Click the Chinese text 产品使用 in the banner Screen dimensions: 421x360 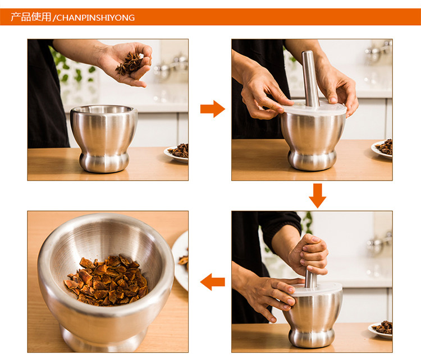(x=31, y=17)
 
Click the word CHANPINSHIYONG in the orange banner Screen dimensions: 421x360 (x=95, y=18)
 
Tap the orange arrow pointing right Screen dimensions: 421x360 (x=213, y=109)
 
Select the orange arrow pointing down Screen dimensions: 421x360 (x=317, y=196)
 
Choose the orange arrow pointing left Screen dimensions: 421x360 (x=212, y=281)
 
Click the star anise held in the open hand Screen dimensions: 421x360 (x=130, y=63)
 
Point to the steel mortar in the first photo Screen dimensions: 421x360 (x=104, y=138)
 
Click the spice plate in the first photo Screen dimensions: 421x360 (x=177, y=154)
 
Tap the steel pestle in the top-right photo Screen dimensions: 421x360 (x=310, y=79)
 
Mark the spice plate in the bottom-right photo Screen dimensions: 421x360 (x=381, y=329)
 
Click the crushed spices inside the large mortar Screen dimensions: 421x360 (x=107, y=280)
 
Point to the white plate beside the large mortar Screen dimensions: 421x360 (x=180, y=261)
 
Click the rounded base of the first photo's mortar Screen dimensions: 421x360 (x=104, y=163)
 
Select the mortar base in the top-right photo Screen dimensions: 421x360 (x=312, y=160)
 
